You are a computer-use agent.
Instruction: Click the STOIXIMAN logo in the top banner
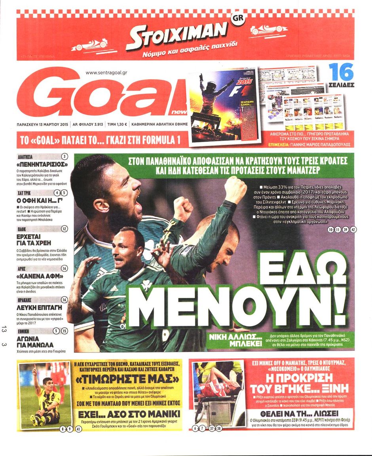(177, 36)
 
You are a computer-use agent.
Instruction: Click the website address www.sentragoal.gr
(109, 72)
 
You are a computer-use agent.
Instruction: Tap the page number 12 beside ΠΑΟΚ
(65, 229)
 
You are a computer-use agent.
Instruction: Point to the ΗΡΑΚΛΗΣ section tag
(27, 300)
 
